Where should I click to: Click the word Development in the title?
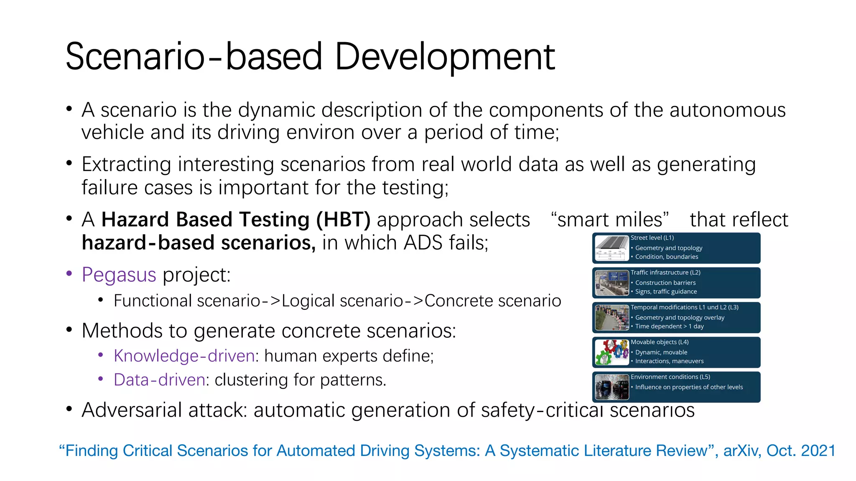click(444, 57)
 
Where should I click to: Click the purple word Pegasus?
click(119, 275)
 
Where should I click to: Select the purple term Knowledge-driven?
click(184, 356)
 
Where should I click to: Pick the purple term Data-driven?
click(159, 380)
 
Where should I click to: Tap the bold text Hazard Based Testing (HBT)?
click(236, 220)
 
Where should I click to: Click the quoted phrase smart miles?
click(610, 220)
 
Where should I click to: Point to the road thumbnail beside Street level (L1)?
click(612, 248)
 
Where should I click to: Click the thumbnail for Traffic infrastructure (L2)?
click(612, 283)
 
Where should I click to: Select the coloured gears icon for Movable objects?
click(612, 352)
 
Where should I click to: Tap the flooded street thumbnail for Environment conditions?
click(612, 387)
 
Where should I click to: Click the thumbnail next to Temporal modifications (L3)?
click(612, 318)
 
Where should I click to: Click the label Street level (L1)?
click(652, 238)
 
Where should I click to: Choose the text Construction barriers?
click(665, 283)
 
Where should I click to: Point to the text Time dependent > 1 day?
click(669, 327)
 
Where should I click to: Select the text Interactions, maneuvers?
click(669, 361)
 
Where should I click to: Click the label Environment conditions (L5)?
click(670, 377)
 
